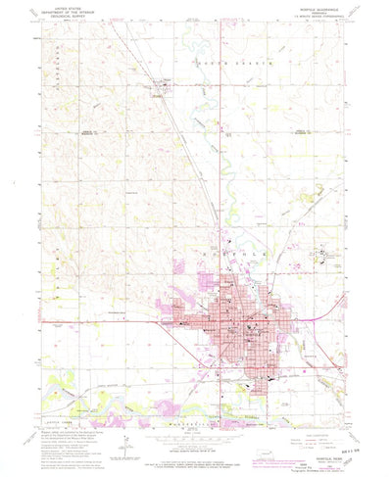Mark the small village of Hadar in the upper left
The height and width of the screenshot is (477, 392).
click(161, 94)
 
